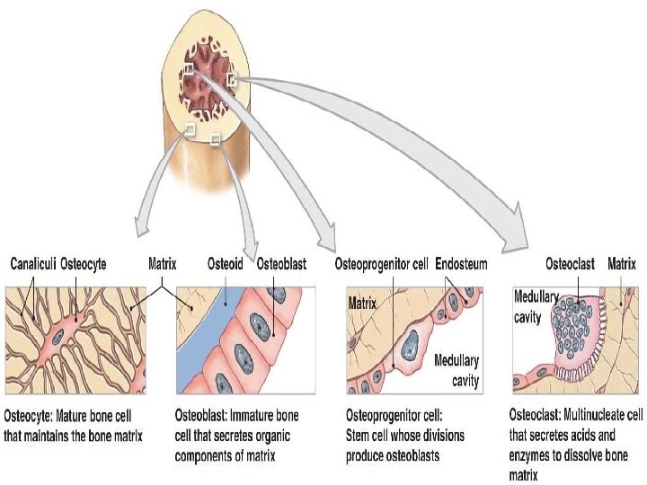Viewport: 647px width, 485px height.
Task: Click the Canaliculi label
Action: tap(33, 265)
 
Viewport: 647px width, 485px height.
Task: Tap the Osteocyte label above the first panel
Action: tap(84, 265)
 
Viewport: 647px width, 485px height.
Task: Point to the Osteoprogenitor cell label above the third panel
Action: tap(382, 265)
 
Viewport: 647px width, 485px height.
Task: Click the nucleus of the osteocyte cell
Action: tap(58, 337)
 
